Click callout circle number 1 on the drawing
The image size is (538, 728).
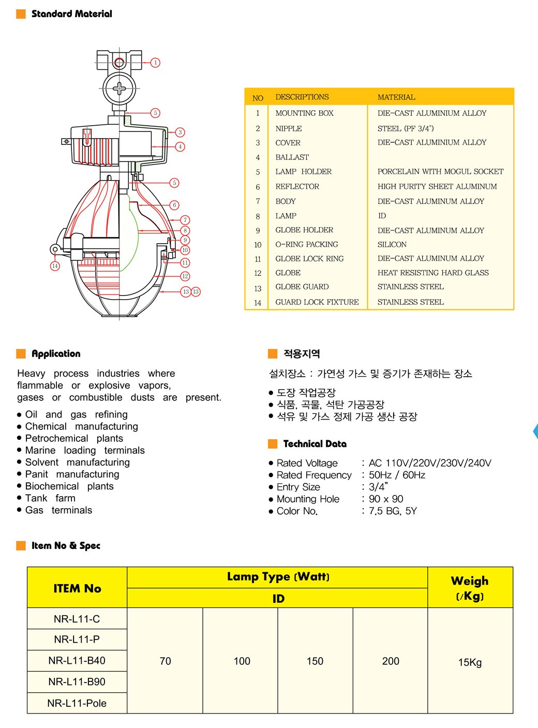point(155,63)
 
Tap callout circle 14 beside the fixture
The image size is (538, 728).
point(55,266)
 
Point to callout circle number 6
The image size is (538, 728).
point(174,205)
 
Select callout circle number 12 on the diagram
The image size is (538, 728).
point(185,276)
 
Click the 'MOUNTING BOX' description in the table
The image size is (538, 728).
point(304,113)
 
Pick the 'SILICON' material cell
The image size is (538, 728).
point(392,244)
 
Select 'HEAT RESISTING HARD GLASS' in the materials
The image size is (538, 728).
point(433,273)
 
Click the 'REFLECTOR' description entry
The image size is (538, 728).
point(297,186)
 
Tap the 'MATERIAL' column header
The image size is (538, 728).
point(396,97)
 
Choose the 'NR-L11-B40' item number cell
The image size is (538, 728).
point(77,660)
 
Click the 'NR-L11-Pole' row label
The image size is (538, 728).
point(77,703)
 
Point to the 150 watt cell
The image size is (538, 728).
point(315,661)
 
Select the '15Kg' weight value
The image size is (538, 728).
point(470,662)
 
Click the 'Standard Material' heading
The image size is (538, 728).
point(71,14)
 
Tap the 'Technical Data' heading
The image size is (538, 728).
point(315,444)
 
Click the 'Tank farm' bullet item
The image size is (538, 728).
point(50,498)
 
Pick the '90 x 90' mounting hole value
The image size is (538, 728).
point(386,499)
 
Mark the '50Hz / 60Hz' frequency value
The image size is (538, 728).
point(397,475)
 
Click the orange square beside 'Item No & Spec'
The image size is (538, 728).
point(21,545)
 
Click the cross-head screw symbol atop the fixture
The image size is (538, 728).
point(119,88)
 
